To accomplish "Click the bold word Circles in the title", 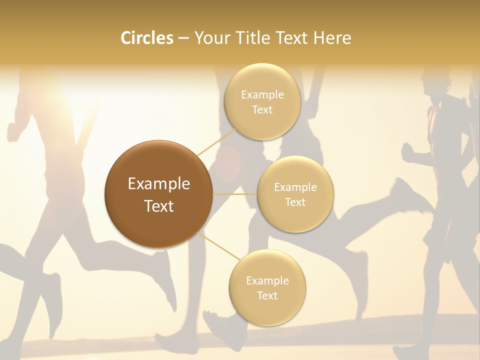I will [147, 38].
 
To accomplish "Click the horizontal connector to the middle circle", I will [235, 194].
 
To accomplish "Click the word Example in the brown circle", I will [159, 184].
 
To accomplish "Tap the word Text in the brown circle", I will [159, 206].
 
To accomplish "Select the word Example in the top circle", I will [262, 94].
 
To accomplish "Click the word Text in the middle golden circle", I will [295, 202].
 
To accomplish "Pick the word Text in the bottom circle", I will [267, 295].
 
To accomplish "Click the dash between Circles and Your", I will [183, 38].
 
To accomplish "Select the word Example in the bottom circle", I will [267, 280].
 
